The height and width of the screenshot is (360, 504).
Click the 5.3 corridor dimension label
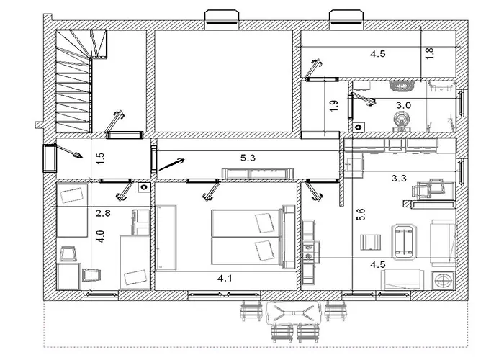(x=248, y=158)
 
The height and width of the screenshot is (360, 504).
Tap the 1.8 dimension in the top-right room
(x=430, y=53)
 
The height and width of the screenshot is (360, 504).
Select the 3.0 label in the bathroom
(x=403, y=105)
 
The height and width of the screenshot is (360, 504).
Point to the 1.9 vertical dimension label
(x=334, y=106)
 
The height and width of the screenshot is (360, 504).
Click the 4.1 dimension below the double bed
(x=225, y=278)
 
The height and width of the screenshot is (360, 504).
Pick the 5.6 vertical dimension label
(x=361, y=215)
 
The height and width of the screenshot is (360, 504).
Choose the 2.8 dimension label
(x=103, y=213)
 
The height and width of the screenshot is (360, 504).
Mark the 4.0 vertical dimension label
(x=101, y=236)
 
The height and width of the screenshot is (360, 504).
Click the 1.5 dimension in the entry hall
(x=101, y=158)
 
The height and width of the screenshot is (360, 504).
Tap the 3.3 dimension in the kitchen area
(x=399, y=178)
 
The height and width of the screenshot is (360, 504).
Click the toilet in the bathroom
(x=401, y=121)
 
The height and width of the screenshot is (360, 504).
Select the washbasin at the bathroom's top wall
(x=402, y=86)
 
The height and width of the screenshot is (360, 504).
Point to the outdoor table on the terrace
(x=293, y=312)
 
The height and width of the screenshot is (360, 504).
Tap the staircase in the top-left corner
(x=81, y=81)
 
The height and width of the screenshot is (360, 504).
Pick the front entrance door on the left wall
(x=50, y=158)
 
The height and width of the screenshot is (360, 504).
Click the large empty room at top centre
(x=224, y=81)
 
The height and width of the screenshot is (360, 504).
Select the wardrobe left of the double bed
(x=166, y=238)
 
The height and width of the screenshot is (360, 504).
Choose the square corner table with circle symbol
(x=443, y=281)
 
